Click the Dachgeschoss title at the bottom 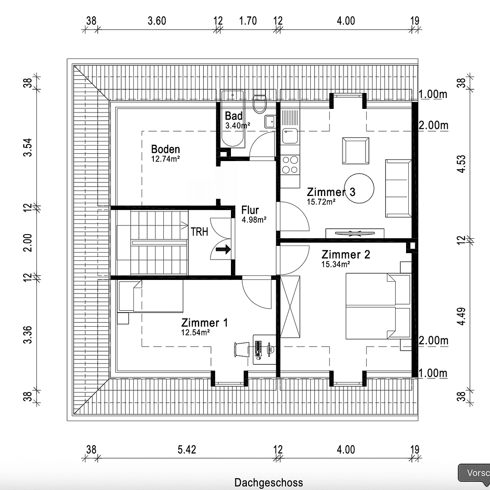[269, 482]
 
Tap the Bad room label [234, 116]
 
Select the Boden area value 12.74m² [166, 159]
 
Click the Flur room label [250, 211]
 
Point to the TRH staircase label [199, 232]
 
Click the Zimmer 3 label [331, 192]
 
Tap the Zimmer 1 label [205, 323]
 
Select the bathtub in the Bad [232, 118]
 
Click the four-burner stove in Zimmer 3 [290, 165]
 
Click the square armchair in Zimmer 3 [355, 151]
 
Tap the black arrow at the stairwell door [223, 249]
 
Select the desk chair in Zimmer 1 [241, 349]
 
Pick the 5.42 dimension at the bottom [187, 450]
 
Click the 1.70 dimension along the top [248, 21]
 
